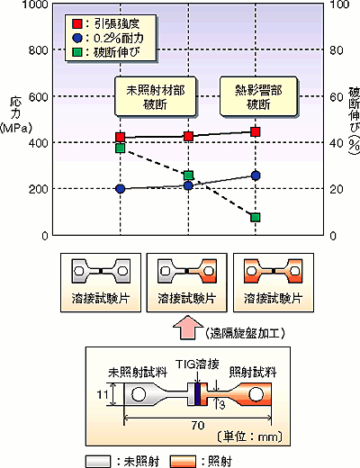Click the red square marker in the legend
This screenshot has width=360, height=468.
pos(77,24)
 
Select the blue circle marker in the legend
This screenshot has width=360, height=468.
pos(77,39)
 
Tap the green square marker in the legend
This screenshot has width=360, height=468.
pos(77,52)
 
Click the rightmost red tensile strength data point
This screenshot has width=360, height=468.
pos(256,131)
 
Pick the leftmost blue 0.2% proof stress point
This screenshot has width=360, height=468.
pos(121,189)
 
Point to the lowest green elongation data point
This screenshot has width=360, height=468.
pos(256,218)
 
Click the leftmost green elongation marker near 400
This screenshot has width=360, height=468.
pos(121,148)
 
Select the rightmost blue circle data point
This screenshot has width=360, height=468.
pos(256,175)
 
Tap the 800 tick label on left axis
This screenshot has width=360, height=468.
pos(39,50)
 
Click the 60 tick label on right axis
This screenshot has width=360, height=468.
pos(337,97)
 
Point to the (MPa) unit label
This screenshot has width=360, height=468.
pos(16,129)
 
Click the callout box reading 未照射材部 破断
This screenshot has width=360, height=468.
pos(155,96)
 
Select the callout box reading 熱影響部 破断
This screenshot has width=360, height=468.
pos(258,96)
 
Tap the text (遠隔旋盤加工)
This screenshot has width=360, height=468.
pos(245,333)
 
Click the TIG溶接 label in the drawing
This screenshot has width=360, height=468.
pos(197,364)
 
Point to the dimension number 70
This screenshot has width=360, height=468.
pos(198,425)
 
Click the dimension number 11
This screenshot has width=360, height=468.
pos(103,394)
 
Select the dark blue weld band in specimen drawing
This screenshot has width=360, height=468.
pos(197,394)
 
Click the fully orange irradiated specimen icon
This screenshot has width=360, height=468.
pos(274,271)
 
